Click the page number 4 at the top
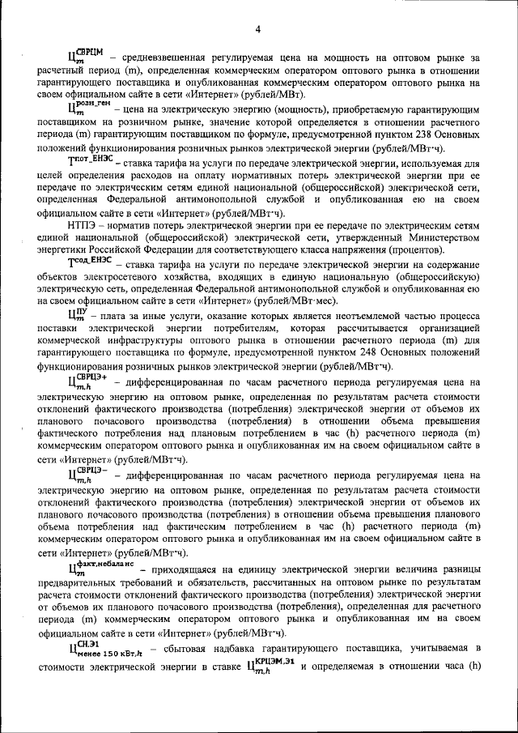[257, 30]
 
